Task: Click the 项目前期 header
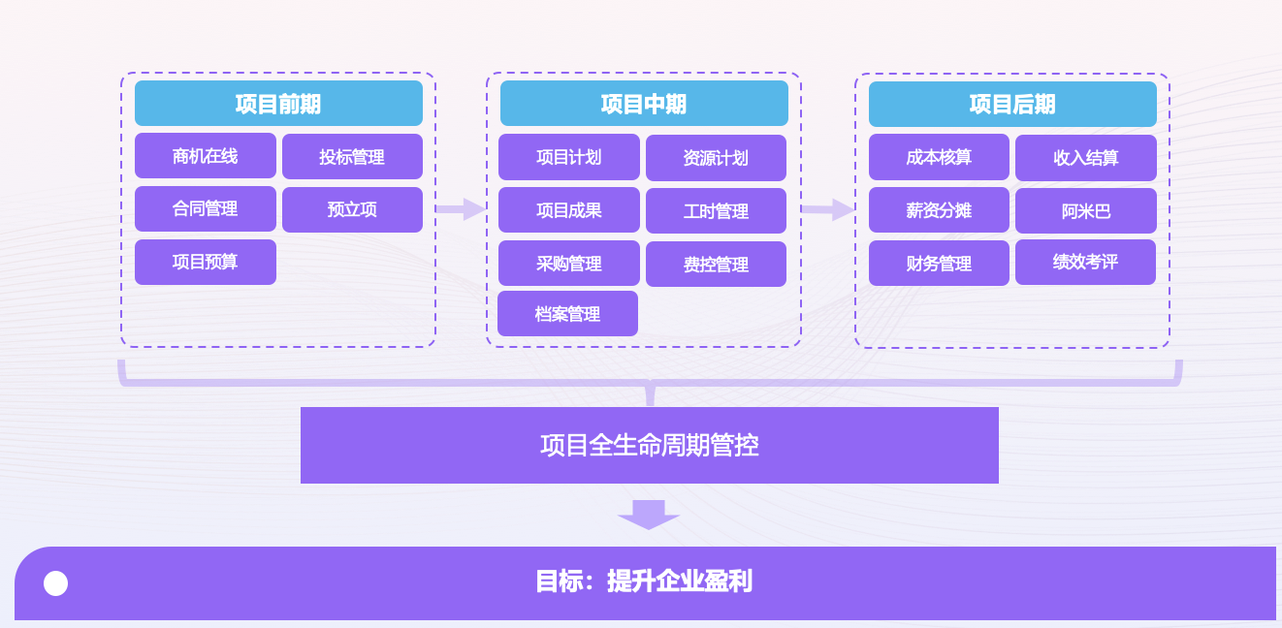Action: (x=278, y=104)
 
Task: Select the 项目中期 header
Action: (x=644, y=104)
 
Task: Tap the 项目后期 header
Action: (x=1012, y=105)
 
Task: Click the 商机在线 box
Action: (x=206, y=156)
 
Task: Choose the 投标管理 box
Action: (x=352, y=157)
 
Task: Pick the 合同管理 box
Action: (x=206, y=208)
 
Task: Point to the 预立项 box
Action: (x=352, y=209)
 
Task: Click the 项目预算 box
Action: (x=206, y=262)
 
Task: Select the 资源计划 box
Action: (x=716, y=158)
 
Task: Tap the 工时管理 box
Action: (x=716, y=211)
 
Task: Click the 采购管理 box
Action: (x=569, y=264)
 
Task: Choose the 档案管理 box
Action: (x=567, y=314)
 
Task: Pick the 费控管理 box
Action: (x=716, y=265)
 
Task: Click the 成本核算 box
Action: (x=939, y=157)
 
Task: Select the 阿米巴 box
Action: (x=1086, y=211)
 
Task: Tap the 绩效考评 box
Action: (x=1085, y=262)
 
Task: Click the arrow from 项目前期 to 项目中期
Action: (x=461, y=209)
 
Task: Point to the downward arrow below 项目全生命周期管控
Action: (x=649, y=514)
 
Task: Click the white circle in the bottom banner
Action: (x=56, y=583)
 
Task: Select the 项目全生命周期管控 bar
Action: (x=650, y=445)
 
